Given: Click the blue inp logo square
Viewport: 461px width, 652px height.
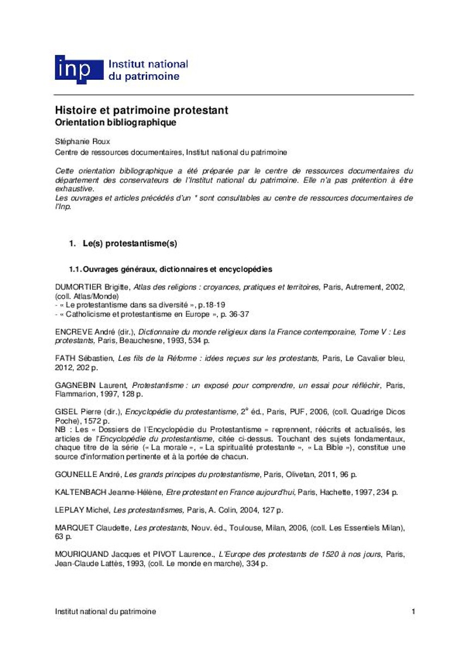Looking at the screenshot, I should coord(79,70).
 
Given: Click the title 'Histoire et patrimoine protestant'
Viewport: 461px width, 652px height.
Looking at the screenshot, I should coord(141,110).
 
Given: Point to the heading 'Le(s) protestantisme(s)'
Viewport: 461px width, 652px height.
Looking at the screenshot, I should coord(130,244).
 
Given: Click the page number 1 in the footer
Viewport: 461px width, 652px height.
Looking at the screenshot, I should coord(414,611).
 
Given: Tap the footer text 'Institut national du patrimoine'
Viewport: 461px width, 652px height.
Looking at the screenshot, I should coord(105,611).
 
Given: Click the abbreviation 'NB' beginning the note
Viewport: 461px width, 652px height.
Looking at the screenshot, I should coord(60,429).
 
